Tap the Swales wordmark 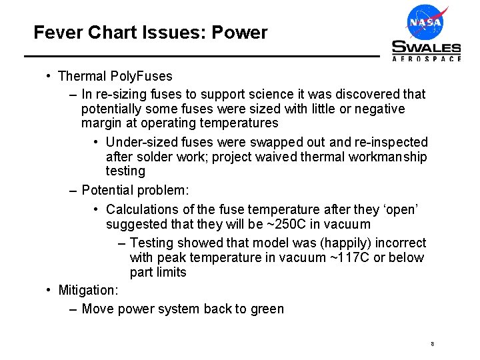pyautogui.click(x=426, y=47)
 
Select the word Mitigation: pyautogui.click(x=88, y=290)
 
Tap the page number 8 pyautogui.click(x=433, y=345)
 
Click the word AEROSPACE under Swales pyautogui.click(x=426, y=59)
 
